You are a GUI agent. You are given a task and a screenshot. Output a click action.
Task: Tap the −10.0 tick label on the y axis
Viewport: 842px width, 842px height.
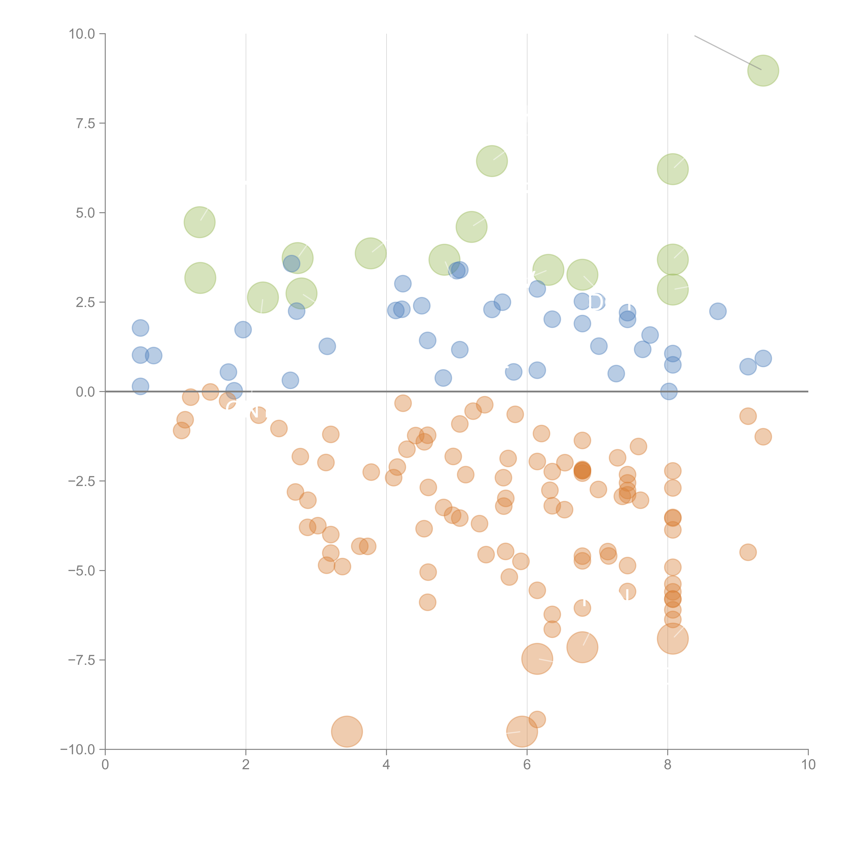[78, 750]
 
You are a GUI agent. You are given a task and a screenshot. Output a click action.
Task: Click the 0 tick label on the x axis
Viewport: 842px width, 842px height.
[105, 765]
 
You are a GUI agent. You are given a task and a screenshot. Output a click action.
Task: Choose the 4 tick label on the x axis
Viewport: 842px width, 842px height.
[386, 765]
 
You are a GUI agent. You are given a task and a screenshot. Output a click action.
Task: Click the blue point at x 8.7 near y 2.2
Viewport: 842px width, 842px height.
[717, 311]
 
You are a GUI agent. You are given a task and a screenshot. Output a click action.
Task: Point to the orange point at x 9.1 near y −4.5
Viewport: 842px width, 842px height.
[748, 552]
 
